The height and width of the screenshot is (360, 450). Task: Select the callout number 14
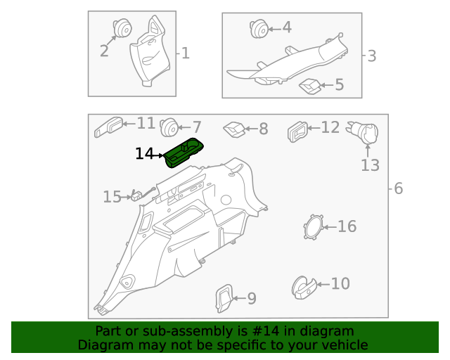pos(144,153)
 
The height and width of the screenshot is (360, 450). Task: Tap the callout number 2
pos(104,51)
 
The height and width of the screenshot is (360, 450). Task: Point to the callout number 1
pos(186,53)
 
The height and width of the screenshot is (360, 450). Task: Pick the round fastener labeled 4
pos(258,29)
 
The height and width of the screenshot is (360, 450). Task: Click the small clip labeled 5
pos(309,86)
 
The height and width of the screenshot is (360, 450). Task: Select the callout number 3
pos(372,56)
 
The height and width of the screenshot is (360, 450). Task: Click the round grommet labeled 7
pos(168,127)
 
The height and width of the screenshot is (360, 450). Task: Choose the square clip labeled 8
pos(234,129)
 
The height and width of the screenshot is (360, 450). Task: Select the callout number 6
pos(398,188)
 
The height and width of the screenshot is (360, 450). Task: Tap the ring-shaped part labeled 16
pos(312,226)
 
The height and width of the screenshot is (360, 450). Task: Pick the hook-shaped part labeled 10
pos(303,285)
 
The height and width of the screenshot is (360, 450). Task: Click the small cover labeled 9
pos(224,297)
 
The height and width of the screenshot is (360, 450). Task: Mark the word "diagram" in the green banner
pos(328,331)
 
